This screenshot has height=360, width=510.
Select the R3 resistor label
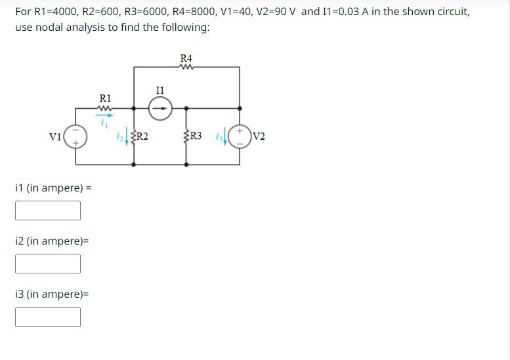[x=195, y=136]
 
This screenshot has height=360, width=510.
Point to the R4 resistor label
[x=186, y=58]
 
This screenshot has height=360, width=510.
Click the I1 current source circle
[x=159, y=109]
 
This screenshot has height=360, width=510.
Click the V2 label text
[x=259, y=136]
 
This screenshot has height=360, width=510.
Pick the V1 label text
[x=56, y=136]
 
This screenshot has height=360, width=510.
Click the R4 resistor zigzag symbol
[x=186, y=66]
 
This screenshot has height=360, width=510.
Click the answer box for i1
[x=48, y=210]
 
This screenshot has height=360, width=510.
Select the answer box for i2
[x=48, y=264]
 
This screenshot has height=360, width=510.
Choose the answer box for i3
[x=48, y=317]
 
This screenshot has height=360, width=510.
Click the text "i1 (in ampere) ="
[x=53, y=188]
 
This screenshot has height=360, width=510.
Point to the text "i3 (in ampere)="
[x=51, y=294]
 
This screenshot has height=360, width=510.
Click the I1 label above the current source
[x=159, y=89]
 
